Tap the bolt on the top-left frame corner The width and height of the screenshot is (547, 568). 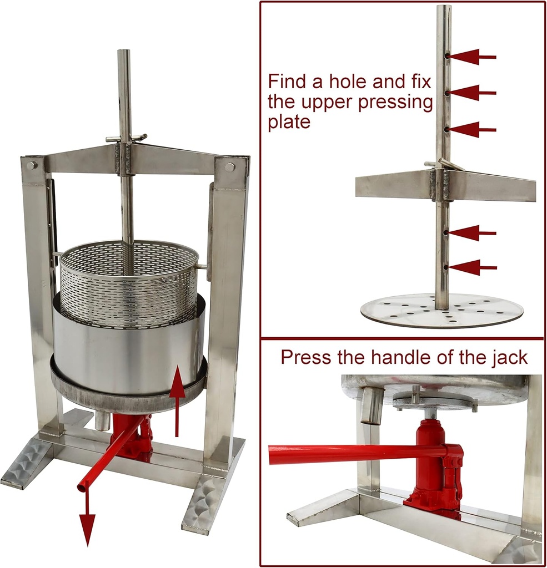click(x=32, y=165)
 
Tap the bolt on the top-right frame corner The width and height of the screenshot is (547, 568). click(x=229, y=167)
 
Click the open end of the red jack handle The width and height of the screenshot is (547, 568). click(x=82, y=487)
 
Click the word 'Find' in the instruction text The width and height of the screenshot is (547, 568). click(x=290, y=82)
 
